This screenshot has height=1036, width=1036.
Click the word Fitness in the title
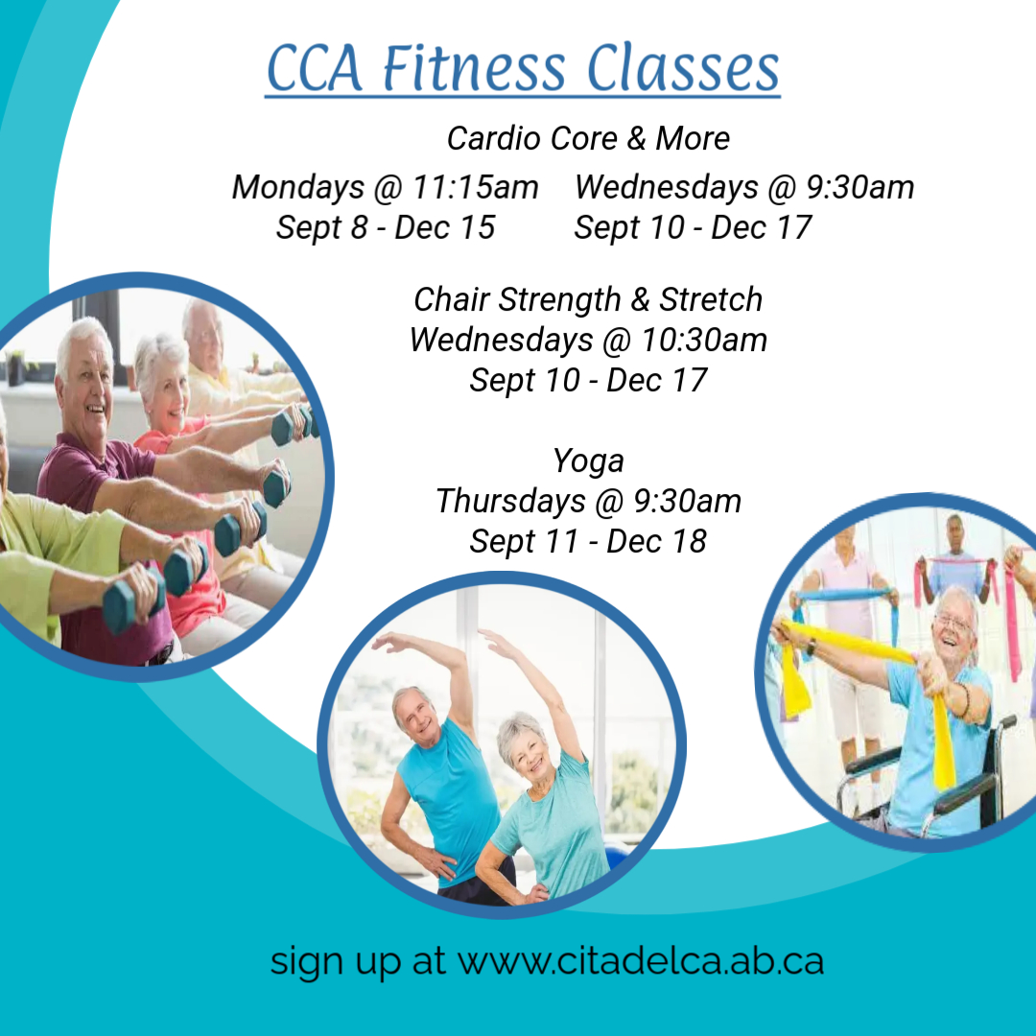(x=475, y=68)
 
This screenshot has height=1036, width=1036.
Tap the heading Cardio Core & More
(x=588, y=138)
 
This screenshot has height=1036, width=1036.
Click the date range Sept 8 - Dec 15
(x=386, y=227)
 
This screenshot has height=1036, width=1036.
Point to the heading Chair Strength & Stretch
(x=588, y=299)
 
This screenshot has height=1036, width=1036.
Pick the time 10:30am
(x=704, y=340)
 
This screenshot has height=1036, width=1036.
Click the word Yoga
(x=588, y=461)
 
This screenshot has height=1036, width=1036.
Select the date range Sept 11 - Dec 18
(x=588, y=541)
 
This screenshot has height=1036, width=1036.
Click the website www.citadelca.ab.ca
(x=641, y=961)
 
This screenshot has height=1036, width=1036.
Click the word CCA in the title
(x=316, y=68)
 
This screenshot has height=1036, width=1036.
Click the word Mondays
(x=298, y=188)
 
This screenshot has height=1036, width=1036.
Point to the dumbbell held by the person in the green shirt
(x=132, y=598)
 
